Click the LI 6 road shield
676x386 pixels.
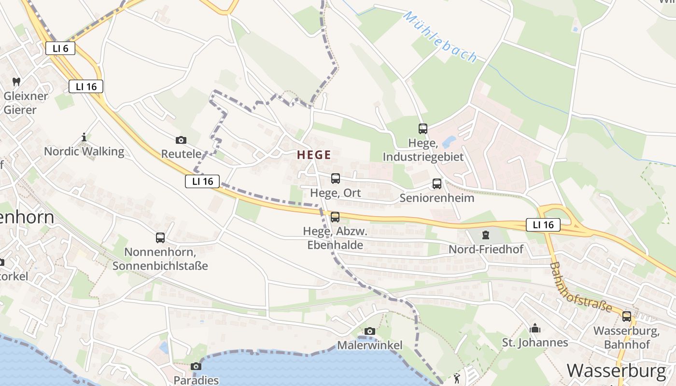click(x=60, y=48)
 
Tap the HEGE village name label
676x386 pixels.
click(x=314, y=155)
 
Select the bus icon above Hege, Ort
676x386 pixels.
click(x=336, y=179)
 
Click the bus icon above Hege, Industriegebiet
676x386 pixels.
click(x=423, y=129)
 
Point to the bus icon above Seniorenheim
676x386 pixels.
click(x=437, y=184)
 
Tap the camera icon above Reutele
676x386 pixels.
click(x=181, y=140)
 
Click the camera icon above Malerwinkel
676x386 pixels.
click(x=370, y=331)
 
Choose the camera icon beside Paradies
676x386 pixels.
click(x=196, y=367)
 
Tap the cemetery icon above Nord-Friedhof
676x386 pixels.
click(x=486, y=235)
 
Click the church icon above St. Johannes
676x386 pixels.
click(x=535, y=329)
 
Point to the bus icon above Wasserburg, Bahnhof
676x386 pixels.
click(x=627, y=317)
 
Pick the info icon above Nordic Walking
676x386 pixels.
click(x=84, y=138)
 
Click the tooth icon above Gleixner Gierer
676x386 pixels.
click(x=16, y=82)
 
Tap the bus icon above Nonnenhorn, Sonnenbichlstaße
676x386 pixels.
click(x=160, y=238)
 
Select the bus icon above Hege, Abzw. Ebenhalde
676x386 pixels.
click(x=335, y=217)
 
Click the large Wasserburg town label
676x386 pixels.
click(x=616, y=371)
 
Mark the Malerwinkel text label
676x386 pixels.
click(x=369, y=345)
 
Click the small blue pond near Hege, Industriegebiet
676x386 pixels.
click(x=449, y=141)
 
